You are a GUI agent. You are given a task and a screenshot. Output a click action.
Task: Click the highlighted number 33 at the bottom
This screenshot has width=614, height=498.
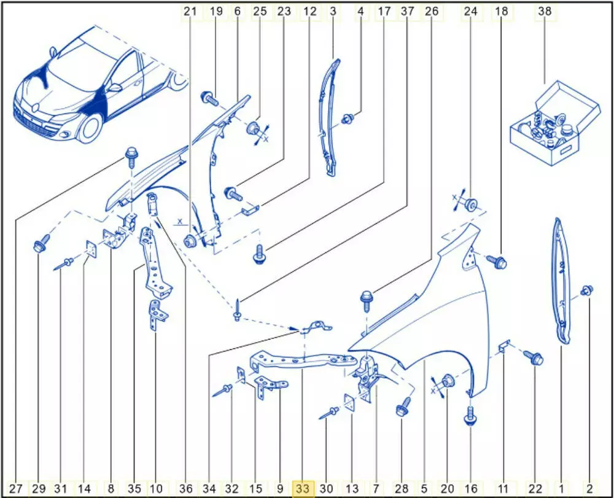[303, 489]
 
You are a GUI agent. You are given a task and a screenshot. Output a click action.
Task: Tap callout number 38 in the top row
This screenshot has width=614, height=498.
[544, 11]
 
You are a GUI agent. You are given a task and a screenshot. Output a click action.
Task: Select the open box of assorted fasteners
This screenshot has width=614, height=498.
[555, 123]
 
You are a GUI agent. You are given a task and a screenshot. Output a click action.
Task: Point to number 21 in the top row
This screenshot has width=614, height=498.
[190, 11]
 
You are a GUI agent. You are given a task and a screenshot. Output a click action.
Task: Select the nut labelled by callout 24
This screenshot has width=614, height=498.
[472, 204]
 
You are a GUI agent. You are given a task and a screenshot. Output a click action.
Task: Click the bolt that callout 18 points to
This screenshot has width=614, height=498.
[496, 262]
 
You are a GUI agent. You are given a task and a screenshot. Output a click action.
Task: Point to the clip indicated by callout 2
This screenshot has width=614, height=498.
[586, 290]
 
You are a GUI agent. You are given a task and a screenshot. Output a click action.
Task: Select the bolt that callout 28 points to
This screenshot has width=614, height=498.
[403, 407]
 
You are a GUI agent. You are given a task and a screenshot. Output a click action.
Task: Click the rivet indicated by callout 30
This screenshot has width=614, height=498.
[329, 413]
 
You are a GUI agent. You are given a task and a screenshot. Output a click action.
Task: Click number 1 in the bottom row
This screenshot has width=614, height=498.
[561, 489]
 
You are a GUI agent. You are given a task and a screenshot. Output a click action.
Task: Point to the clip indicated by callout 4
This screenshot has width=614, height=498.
[348, 119]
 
